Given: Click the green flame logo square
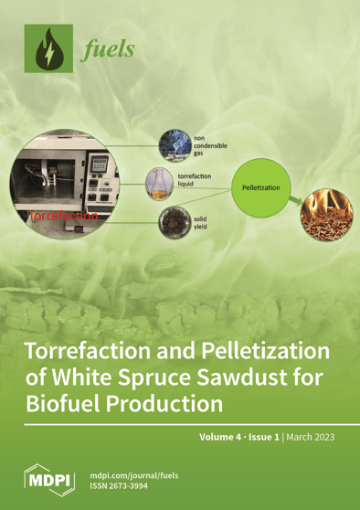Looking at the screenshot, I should coord(51,52).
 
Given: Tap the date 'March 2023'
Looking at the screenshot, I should coord(311,437).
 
